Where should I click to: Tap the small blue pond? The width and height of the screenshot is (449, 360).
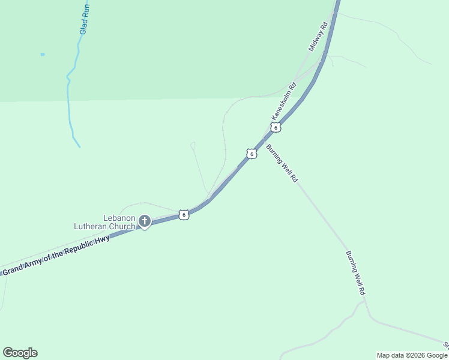tap(43, 55)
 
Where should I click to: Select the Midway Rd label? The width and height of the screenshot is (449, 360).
tap(318, 36)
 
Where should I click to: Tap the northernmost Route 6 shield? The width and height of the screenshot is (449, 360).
tap(276, 127)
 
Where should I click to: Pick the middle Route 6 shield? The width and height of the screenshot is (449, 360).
tap(252, 154)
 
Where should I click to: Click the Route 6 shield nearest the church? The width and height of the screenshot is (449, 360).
tap(184, 214)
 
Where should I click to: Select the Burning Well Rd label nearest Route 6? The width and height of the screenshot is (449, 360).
tap(282, 163)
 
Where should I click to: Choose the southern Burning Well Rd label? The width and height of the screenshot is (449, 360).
tap(355, 272)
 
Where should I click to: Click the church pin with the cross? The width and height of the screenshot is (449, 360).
tap(145, 221)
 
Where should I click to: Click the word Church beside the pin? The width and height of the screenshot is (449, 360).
tap(122, 226)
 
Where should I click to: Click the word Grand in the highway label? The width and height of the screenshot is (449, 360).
tap(14, 269)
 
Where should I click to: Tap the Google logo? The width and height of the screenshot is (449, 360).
tap(20, 353)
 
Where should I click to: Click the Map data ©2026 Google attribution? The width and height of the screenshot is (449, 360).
tap(411, 355)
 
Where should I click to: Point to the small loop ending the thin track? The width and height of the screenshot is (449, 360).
tap(193, 144)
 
